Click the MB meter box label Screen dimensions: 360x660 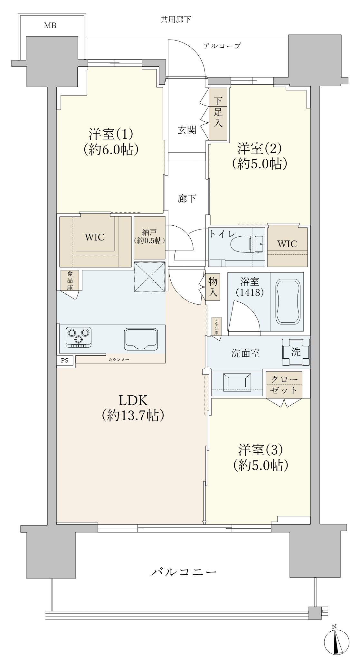[x=50, y=25]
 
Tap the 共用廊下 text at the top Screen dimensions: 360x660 [x=175, y=20]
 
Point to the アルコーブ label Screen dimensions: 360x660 [x=222, y=46]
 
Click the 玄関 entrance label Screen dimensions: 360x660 [x=187, y=130]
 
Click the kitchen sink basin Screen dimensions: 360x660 [x=141, y=339]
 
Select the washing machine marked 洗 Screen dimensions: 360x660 [x=296, y=352]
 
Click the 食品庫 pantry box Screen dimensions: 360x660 [x=70, y=280]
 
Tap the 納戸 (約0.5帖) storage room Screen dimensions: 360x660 [x=149, y=238]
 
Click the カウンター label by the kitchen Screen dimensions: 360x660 [x=119, y=359]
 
